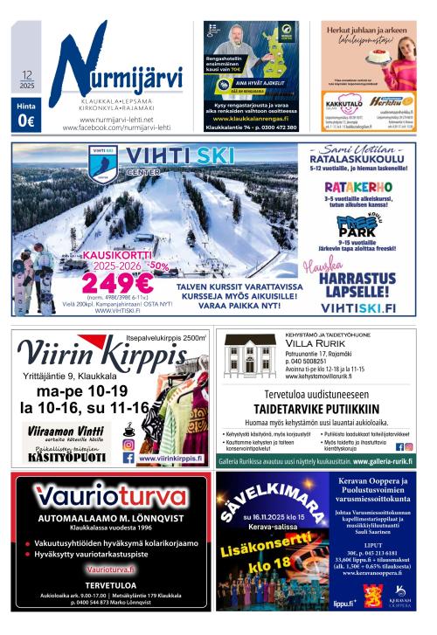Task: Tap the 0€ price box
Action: click(x=26, y=121)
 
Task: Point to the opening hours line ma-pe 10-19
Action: click(x=77, y=391)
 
